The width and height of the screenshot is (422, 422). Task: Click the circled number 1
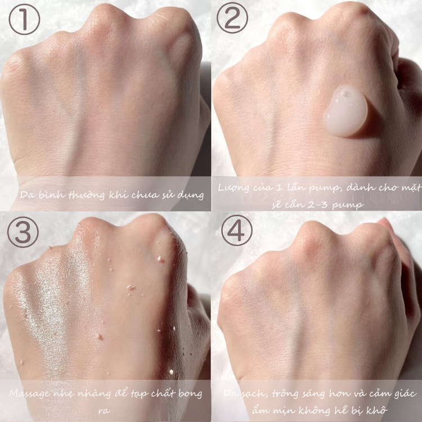[x=24, y=19]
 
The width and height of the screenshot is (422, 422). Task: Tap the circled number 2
[x=232, y=17]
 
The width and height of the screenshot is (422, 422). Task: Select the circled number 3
[x=23, y=232]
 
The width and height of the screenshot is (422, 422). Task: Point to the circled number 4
[x=236, y=230]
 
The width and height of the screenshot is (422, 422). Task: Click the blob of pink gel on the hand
[x=345, y=111]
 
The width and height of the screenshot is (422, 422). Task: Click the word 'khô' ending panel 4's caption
[x=379, y=410]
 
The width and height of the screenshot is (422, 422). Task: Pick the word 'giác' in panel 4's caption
[x=405, y=394]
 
